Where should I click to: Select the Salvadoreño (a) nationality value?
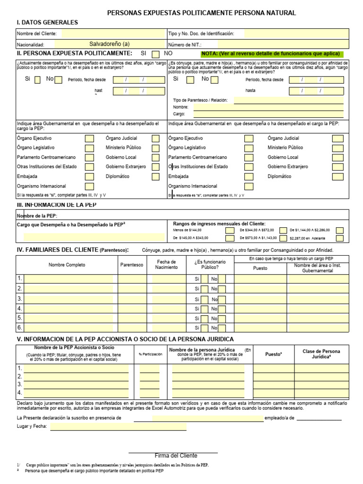click(x=109, y=44)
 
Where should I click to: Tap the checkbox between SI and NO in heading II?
click(x=156, y=54)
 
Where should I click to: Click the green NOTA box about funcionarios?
click(x=272, y=54)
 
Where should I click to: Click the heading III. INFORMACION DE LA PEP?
click(x=57, y=205)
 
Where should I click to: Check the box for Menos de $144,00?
click(x=230, y=230)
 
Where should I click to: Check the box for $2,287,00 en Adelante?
click(x=340, y=238)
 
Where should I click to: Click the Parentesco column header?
click(x=131, y=265)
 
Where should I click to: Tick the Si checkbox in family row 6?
click(x=205, y=328)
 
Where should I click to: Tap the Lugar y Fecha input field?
click(x=118, y=427)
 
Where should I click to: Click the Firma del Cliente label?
click(x=176, y=456)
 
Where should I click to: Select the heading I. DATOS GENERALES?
click(x=47, y=22)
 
